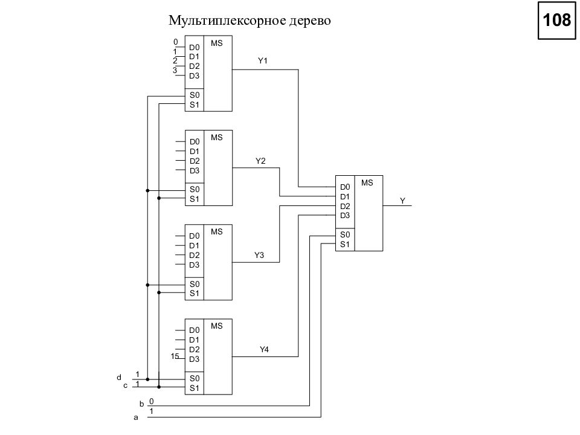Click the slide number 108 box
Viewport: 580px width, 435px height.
556,20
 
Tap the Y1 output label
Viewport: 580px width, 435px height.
263,60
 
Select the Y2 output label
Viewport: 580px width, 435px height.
260,161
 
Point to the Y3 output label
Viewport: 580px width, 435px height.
259,255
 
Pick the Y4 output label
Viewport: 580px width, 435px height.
264,350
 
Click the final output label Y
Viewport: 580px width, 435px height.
402,201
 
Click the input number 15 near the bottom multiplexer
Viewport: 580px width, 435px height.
175,356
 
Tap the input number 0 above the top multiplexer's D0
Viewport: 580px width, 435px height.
176,42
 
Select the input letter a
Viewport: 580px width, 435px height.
136,417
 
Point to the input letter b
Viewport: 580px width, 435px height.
141,404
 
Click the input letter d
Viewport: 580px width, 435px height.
119,378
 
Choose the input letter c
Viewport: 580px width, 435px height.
126,386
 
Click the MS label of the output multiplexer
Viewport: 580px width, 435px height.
367,182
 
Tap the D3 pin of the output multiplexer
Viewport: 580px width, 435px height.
345,215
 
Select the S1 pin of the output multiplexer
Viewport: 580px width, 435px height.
345,244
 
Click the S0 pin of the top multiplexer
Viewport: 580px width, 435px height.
195,95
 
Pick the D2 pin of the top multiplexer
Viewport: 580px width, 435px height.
194,66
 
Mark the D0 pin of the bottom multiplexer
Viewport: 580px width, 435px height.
194,330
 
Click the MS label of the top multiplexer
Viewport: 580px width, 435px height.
217,43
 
